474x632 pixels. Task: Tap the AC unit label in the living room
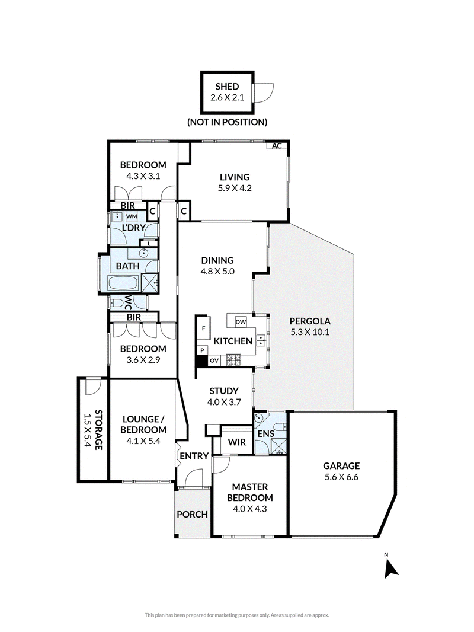[277, 146]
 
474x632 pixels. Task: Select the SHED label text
[227, 86]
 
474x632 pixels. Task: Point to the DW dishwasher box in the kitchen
[241, 322]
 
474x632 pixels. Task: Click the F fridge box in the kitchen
[203, 328]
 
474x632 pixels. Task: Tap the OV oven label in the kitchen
[214, 360]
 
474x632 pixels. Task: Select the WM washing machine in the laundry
[132, 216]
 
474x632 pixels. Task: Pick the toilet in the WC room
[117, 302]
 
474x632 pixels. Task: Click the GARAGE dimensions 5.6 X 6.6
[341, 477]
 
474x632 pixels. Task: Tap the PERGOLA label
[310, 321]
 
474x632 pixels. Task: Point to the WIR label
[237, 442]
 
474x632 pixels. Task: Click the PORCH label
[193, 514]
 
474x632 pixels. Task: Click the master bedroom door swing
[221, 465]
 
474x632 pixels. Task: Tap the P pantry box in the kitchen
[202, 350]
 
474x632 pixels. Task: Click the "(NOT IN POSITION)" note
[227, 122]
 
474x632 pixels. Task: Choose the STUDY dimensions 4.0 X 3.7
[224, 402]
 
